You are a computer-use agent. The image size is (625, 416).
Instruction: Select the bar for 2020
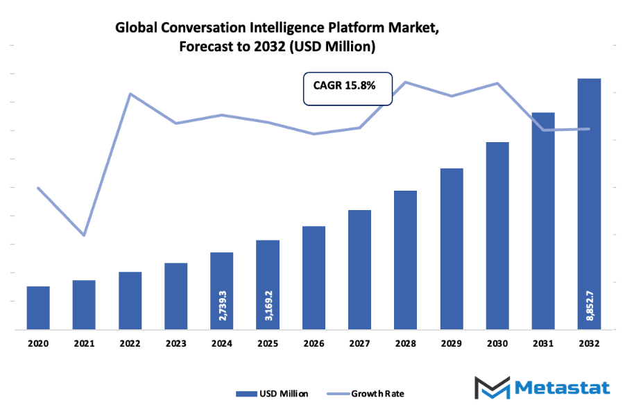tap(38, 308)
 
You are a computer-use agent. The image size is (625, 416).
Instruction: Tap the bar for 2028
tap(405, 260)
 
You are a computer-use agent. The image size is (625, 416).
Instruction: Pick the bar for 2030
tap(497, 236)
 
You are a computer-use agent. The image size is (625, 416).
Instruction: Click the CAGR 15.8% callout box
tap(348, 89)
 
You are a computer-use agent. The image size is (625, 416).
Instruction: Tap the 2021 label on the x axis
tap(84, 343)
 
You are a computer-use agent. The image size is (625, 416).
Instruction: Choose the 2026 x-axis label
tap(314, 343)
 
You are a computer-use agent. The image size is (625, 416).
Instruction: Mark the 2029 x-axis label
tap(451, 343)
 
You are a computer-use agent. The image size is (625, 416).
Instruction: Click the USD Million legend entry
tap(273, 394)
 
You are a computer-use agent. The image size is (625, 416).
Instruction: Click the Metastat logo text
tap(563, 387)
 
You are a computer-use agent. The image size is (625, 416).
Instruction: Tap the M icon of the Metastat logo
tap(492, 387)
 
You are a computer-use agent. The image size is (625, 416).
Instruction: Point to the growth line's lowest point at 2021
tap(84, 236)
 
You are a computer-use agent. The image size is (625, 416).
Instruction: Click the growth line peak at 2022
tap(130, 94)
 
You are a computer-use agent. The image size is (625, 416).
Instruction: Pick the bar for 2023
tap(176, 296)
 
